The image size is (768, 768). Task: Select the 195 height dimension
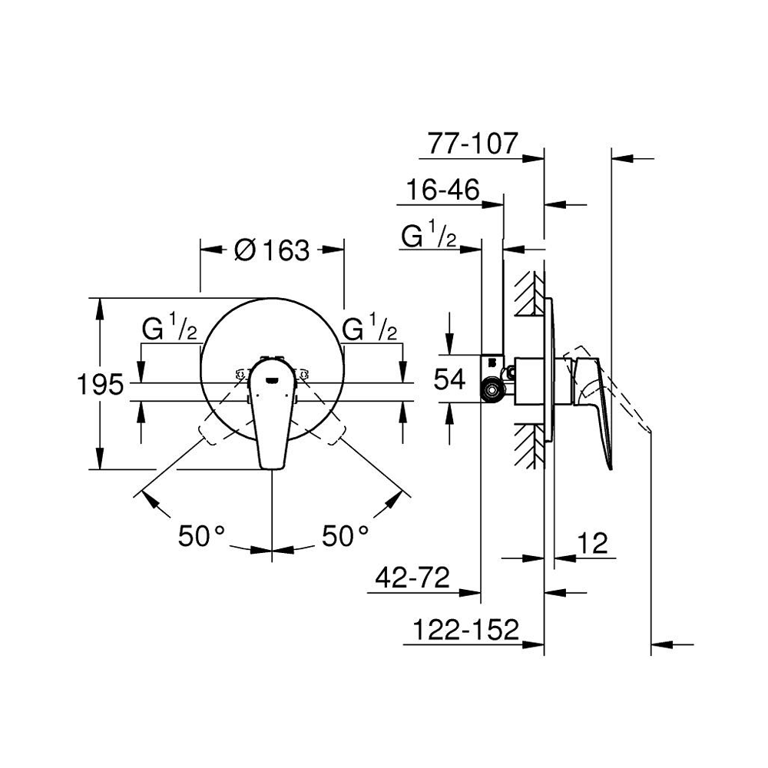click(x=100, y=383)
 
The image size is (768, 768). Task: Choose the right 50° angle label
click(x=345, y=535)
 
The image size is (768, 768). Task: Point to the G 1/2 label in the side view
click(x=429, y=236)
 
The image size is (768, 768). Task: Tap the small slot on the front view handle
click(x=272, y=376)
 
